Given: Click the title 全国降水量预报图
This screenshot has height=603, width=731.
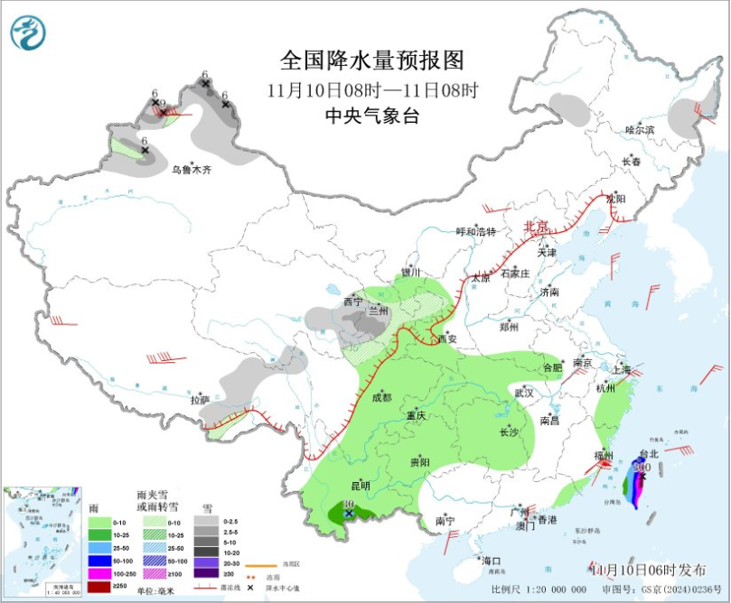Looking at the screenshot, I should point(371,61).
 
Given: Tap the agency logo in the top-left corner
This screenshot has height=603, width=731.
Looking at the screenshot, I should point(27,33).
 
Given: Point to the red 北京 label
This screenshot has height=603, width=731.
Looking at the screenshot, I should point(537,227).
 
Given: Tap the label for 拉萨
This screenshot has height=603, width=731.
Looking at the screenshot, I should point(200,399).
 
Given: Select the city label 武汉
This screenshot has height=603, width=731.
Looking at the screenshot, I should point(523,394).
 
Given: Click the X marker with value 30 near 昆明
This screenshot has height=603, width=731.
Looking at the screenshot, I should point(349,514).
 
